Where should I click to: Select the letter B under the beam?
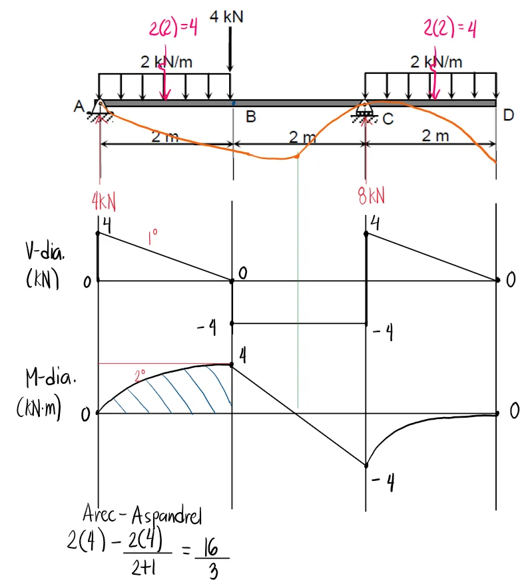pos(250,118)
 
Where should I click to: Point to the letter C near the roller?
pos(388,119)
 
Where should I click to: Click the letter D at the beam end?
pos(508,115)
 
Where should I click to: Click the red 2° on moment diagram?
pos(140,376)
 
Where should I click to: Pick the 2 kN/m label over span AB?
pos(167,62)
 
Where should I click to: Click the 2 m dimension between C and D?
pos(435,136)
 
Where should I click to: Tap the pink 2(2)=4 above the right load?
pos(451,29)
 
